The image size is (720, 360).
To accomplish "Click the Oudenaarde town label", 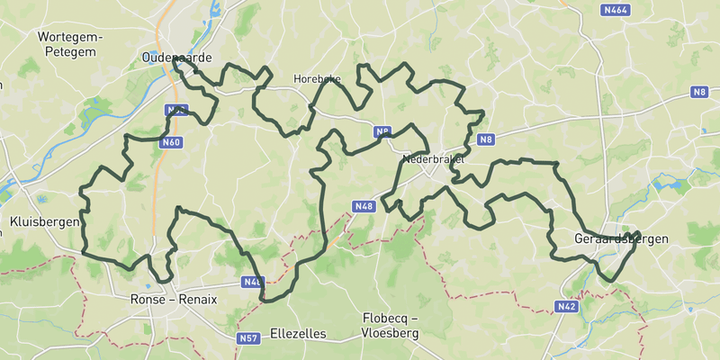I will (x=176, y=58).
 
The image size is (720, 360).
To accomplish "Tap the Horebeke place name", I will (x=317, y=79).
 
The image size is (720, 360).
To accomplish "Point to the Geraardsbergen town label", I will (x=621, y=238).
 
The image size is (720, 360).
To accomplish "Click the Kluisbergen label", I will (x=44, y=221).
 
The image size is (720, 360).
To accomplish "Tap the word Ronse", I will (x=147, y=300).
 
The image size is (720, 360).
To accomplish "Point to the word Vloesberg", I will (x=391, y=333).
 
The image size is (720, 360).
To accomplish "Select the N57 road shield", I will (x=248, y=338).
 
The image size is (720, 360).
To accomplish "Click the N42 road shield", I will (x=565, y=307).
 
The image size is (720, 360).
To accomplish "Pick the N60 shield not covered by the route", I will (x=171, y=142).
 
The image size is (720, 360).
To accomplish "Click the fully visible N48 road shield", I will (x=364, y=206).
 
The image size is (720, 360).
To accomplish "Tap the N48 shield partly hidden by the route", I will (x=253, y=283).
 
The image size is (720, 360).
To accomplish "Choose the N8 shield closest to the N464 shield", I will (x=700, y=92).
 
